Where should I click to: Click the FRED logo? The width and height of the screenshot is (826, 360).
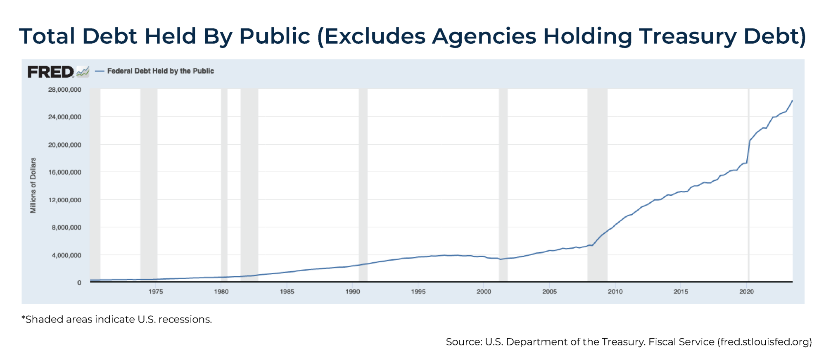coord(50,72)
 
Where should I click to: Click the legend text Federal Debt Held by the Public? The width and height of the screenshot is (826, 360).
coord(160,71)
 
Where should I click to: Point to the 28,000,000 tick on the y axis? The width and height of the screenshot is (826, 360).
coord(64,90)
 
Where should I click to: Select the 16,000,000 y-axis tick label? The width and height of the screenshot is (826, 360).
coord(64,172)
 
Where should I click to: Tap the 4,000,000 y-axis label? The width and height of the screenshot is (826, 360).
coord(66,255)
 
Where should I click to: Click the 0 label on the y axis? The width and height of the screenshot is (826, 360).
coord(79,283)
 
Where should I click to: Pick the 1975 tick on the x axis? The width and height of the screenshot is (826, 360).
coord(156,291)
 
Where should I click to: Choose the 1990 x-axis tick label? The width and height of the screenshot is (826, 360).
coord(353,291)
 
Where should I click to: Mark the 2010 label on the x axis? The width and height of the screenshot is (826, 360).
coord(615,291)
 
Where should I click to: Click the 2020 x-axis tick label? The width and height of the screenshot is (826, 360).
coord(746,291)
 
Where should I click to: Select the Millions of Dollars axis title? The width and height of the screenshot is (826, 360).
coord(33,185)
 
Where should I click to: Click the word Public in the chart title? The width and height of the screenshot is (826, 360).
coord(275,36)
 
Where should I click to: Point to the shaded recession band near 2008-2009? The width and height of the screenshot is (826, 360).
coord(597,186)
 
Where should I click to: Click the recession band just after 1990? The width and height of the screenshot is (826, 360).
coord(363,186)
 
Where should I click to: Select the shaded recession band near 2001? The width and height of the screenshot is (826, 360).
coord(503,186)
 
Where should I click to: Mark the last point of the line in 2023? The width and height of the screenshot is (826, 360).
coord(792,100)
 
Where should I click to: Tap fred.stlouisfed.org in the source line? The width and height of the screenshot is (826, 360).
coord(764,342)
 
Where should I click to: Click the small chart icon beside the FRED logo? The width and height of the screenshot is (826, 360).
coord(83,72)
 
